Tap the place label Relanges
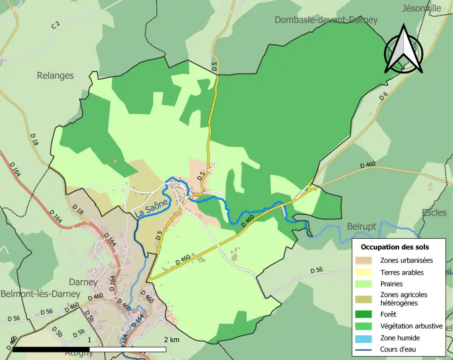point(55,75)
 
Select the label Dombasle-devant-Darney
point(326,20)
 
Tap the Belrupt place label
point(361,226)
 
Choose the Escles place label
point(434,212)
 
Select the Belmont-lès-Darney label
point(40,293)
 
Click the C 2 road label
point(55,25)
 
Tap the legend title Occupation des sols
point(394,247)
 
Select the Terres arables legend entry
point(402,272)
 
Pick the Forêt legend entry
point(388,314)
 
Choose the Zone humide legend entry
point(400,338)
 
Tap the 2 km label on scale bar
point(172,340)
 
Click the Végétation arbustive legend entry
point(411,326)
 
